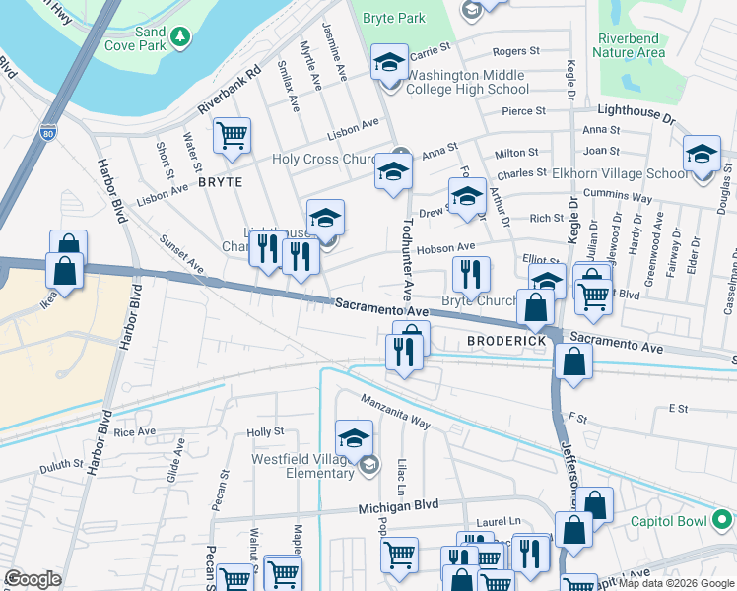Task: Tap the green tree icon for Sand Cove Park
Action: pyautogui.click(x=180, y=37)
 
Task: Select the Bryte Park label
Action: pyautogui.click(x=393, y=18)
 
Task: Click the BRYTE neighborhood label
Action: pyautogui.click(x=220, y=182)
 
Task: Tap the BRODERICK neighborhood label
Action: pyautogui.click(x=506, y=340)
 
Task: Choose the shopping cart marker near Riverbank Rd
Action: pyautogui.click(x=232, y=136)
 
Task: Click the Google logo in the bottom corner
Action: pyautogui.click(x=33, y=579)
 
